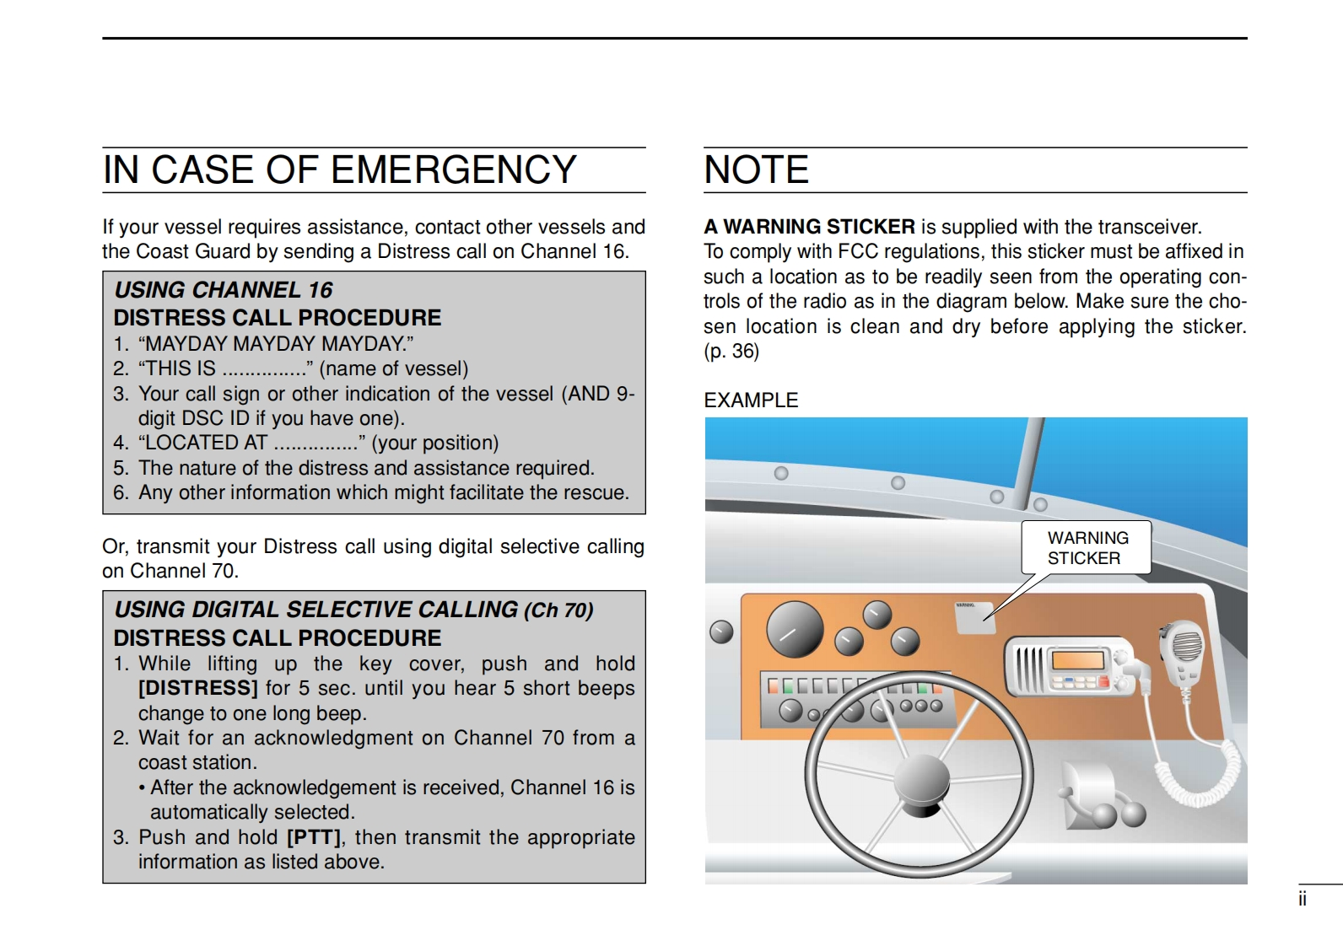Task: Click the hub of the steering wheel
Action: point(921,780)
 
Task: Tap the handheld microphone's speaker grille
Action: point(1187,647)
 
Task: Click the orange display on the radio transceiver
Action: point(1078,659)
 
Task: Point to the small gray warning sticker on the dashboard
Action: point(975,618)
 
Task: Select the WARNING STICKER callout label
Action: point(1087,547)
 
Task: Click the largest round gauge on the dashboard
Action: point(795,629)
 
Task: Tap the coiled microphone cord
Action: point(1206,773)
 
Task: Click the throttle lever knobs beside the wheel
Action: point(1118,814)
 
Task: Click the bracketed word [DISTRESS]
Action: point(198,688)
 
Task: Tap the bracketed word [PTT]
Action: point(314,837)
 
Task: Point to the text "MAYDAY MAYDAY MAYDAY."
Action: point(276,344)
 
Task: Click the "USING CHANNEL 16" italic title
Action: point(223,290)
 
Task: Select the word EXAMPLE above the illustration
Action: point(751,400)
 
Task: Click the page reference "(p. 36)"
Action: point(731,351)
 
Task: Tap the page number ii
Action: point(1303,900)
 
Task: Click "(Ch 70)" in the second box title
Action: point(558,610)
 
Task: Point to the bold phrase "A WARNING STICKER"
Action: point(809,227)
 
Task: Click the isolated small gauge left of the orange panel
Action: point(721,632)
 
